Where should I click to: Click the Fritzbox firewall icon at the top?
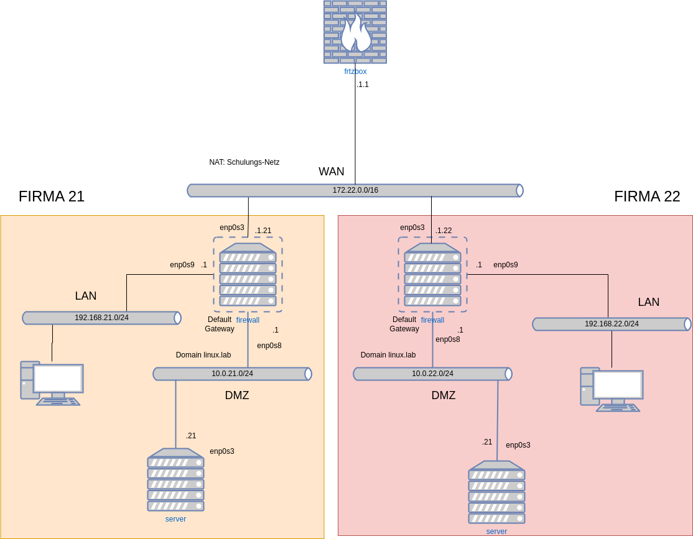click(x=355, y=32)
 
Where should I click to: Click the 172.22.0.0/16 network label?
click(x=355, y=190)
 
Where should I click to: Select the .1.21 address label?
click(x=263, y=231)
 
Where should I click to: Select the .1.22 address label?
click(x=444, y=231)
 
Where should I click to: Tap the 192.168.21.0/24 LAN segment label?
click(x=101, y=318)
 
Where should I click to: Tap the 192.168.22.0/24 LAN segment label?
click(x=612, y=324)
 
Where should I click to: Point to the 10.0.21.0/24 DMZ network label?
click(x=232, y=374)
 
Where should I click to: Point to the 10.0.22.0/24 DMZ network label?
click(x=432, y=374)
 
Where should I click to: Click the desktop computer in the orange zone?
click(x=52, y=383)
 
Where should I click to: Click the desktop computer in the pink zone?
click(x=612, y=389)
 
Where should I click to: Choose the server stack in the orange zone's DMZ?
click(x=175, y=480)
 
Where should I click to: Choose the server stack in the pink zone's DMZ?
click(x=496, y=492)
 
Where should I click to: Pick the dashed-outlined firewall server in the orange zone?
click(x=248, y=274)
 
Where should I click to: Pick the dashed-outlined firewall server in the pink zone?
click(x=432, y=274)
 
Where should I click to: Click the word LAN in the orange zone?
click(x=86, y=296)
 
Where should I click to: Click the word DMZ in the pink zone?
click(x=444, y=395)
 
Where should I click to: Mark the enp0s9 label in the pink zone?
click(x=506, y=265)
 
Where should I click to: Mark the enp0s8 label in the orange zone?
click(x=269, y=346)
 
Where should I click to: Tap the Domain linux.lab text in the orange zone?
click(x=203, y=355)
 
